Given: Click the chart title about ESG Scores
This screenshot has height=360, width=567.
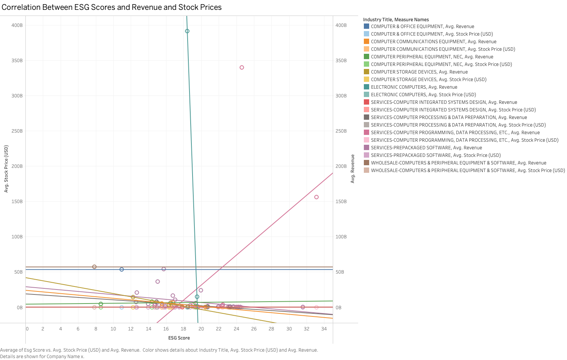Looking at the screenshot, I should (111, 7).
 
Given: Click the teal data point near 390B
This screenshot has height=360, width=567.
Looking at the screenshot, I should (187, 31).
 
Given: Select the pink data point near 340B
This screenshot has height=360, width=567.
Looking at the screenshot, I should (242, 67).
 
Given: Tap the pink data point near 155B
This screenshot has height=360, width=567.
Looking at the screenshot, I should (316, 197).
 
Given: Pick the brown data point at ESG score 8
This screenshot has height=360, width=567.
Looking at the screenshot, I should (94, 267).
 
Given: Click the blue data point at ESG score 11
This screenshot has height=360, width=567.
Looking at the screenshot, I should (122, 269).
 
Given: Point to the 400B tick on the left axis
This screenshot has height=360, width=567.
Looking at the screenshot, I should (17, 25).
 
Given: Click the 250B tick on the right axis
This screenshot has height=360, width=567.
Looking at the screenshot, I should (341, 131).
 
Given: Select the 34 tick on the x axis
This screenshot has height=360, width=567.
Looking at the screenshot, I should (324, 329).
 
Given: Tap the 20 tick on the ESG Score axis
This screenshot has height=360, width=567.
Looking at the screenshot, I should (201, 329).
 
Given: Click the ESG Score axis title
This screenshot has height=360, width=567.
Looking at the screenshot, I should (179, 338).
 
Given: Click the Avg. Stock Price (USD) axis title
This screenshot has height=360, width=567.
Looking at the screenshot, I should (6, 169).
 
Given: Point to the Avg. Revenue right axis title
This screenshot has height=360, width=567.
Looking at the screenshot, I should (352, 169).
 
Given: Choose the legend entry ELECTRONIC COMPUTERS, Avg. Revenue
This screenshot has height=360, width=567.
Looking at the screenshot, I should (414, 87).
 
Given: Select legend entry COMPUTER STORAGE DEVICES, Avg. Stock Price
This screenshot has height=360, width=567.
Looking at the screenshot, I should (428, 80).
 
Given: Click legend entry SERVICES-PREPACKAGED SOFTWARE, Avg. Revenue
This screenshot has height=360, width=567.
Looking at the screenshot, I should (426, 148).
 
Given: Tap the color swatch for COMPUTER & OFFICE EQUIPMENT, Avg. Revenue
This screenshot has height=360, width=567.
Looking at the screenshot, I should (367, 27).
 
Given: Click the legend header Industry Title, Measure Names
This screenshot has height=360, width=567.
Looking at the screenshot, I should (396, 20).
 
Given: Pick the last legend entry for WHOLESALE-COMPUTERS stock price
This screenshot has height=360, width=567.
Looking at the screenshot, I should (468, 171).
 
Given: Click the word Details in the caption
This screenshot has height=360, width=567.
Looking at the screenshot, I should (8, 356).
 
